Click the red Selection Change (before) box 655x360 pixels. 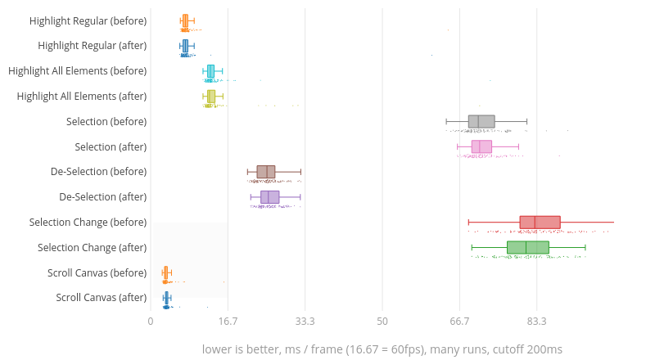click(540, 223)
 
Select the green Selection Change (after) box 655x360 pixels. click(528, 247)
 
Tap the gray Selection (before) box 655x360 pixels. click(481, 121)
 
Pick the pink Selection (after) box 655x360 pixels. click(481, 146)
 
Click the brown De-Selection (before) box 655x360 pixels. click(266, 172)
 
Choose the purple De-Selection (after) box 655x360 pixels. click(269, 197)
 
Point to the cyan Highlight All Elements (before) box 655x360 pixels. click(210, 71)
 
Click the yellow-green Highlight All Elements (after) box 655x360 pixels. click(211, 97)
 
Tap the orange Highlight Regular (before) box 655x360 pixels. click(185, 20)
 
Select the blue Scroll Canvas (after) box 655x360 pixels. click(167, 298)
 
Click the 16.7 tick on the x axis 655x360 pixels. click(228, 322)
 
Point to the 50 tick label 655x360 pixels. click(382, 322)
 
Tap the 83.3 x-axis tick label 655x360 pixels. click(537, 322)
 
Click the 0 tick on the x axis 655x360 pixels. click(151, 322)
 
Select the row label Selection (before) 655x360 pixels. click(106, 121)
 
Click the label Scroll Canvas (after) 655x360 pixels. click(102, 298)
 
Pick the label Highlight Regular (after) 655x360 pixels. click(93, 46)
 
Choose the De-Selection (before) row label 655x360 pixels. click(98, 172)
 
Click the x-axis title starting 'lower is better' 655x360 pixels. click(382, 349)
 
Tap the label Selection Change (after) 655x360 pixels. click(93, 247)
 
